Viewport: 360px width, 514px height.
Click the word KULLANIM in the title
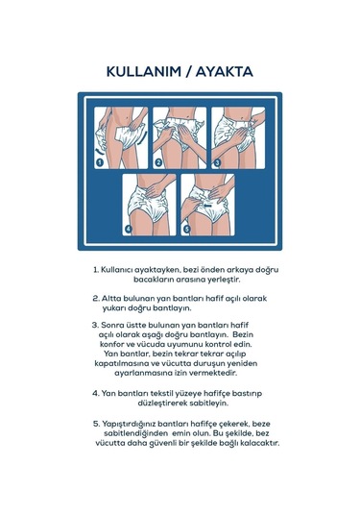(x=144, y=72)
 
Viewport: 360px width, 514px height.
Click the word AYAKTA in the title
(x=225, y=72)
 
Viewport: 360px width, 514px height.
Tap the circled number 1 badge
(x=100, y=162)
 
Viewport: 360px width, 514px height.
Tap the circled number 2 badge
(x=158, y=162)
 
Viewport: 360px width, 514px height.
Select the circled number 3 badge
(x=217, y=162)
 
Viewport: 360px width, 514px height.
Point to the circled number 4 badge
(x=128, y=229)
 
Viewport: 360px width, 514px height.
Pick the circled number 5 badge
(x=186, y=229)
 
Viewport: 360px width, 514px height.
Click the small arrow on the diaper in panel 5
(x=207, y=207)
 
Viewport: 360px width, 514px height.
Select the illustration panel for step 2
(x=180, y=138)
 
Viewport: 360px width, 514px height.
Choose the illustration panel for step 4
(x=149, y=205)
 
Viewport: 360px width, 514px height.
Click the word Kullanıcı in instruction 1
(x=116, y=270)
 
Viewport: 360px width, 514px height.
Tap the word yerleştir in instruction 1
(x=225, y=280)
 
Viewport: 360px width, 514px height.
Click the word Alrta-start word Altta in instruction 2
(x=110, y=299)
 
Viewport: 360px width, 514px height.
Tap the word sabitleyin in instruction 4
(x=209, y=404)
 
